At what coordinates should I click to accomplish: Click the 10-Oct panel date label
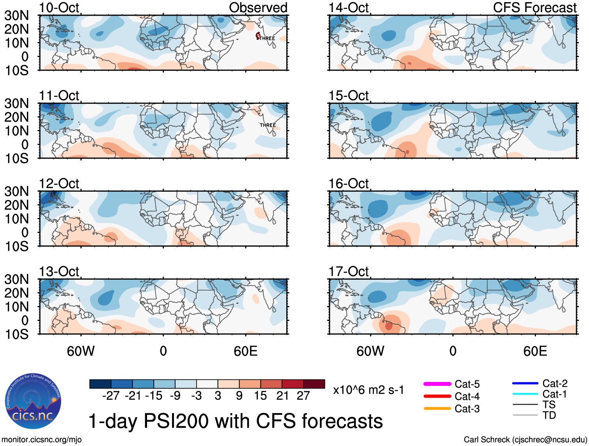(59, 7)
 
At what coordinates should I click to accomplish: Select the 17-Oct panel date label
(348, 271)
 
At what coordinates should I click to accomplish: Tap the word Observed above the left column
(258, 7)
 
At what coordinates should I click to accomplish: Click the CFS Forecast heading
(534, 7)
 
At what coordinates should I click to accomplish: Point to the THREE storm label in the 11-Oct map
(268, 125)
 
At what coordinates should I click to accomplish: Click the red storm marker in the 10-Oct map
(258, 36)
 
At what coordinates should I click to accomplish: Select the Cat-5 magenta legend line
(437, 384)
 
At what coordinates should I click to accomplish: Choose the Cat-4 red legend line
(437, 396)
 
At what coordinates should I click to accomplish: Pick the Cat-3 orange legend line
(437, 409)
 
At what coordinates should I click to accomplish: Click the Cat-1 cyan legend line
(525, 394)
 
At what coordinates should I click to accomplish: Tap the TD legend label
(549, 415)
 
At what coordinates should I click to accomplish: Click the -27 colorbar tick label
(111, 396)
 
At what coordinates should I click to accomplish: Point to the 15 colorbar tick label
(260, 396)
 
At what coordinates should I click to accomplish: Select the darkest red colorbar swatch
(314, 384)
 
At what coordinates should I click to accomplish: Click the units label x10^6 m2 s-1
(368, 390)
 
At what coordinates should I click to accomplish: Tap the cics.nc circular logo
(33, 401)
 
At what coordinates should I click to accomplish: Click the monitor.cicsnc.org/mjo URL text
(42, 440)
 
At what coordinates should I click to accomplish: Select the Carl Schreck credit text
(525, 440)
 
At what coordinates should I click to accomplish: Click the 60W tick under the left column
(81, 351)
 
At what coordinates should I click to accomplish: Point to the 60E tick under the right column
(535, 351)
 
